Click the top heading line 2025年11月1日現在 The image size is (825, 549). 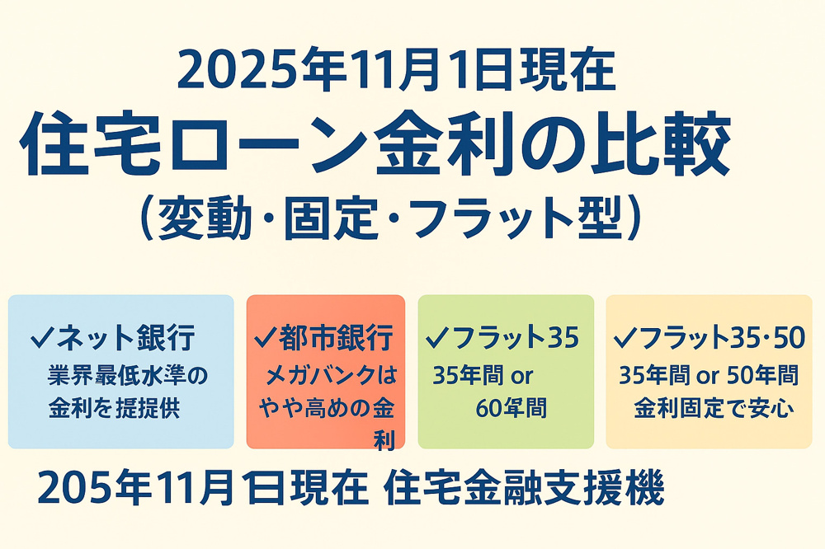point(396,72)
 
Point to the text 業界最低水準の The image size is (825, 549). point(130,376)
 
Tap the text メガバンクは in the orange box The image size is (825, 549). point(330,376)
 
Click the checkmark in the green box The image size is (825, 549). point(437,337)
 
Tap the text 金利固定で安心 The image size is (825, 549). point(714,407)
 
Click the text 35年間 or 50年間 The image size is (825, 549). point(709,376)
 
